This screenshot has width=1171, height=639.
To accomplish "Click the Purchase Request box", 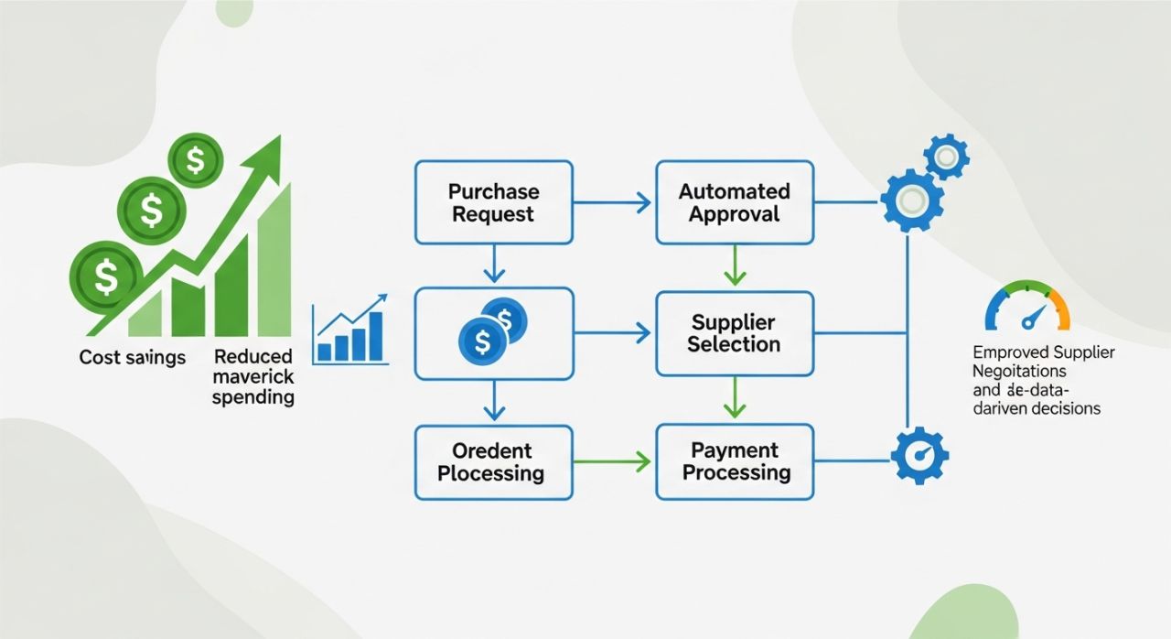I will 494,202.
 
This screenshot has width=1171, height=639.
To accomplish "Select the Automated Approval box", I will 734,202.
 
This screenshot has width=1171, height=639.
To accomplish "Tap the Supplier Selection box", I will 734,333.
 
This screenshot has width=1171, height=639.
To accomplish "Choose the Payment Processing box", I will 734,461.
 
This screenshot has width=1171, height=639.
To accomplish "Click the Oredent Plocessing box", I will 494,461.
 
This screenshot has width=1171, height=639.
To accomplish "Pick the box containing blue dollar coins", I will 494,333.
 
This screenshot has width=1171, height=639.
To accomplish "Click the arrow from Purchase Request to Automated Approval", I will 614,202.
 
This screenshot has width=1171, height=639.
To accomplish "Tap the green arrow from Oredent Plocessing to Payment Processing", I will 614,461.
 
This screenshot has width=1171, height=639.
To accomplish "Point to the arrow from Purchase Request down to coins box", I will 494,265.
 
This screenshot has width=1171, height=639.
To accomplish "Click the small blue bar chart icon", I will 349,330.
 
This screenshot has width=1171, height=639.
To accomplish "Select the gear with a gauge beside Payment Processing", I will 919,455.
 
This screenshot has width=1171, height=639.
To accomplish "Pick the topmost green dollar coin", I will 195,161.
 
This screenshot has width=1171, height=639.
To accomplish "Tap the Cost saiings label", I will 132,357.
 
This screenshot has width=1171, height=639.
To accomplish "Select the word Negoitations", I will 1019,372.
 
